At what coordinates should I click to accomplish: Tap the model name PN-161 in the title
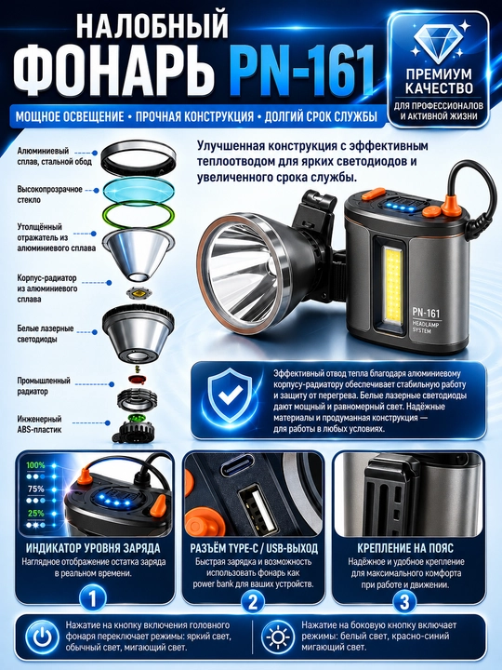pyautogui.click(x=303, y=71)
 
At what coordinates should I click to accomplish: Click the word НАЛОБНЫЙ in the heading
pyautogui.click(x=152, y=27)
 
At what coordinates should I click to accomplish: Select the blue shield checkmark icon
pyautogui.click(x=231, y=395)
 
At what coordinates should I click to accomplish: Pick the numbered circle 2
pyautogui.click(x=253, y=601)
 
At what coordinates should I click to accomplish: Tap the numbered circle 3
pyautogui.click(x=404, y=601)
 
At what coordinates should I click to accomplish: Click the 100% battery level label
pyautogui.click(x=35, y=465)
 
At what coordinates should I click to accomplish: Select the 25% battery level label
pyautogui.click(x=36, y=513)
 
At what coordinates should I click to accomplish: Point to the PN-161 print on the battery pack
pyautogui.click(x=426, y=313)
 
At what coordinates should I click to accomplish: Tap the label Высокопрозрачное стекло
pyautogui.click(x=50, y=194)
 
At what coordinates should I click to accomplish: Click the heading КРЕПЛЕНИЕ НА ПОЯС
pyautogui.click(x=404, y=548)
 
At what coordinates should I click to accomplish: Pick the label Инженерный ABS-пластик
pyautogui.click(x=39, y=424)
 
